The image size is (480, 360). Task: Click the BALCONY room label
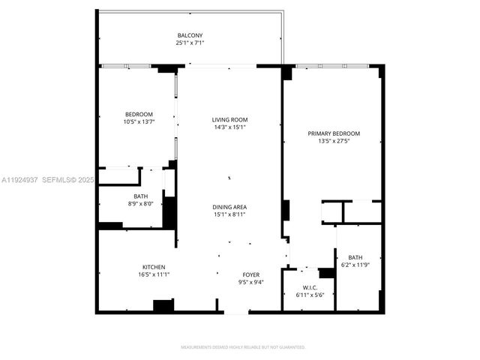[x=190, y=35]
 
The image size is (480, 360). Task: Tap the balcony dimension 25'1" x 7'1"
[x=190, y=43]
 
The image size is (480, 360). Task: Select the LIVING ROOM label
[x=229, y=119]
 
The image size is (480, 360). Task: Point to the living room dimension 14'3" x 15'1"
[x=229, y=127]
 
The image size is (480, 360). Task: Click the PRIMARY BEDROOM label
[x=334, y=133]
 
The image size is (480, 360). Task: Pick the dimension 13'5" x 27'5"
[x=334, y=141]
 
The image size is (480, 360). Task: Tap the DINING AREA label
[x=229, y=207]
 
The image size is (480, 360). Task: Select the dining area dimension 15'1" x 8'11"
[x=229, y=214]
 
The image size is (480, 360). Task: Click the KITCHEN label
[x=154, y=267]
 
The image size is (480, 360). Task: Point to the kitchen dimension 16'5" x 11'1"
[x=154, y=274]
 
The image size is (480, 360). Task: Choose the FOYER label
[x=250, y=274]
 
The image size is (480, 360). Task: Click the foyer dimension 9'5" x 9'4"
[x=250, y=282]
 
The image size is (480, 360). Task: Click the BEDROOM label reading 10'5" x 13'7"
[x=139, y=115]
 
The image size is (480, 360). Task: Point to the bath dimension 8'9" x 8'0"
[x=141, y=203]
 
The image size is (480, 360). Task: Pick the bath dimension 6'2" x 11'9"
[x=355, y=264]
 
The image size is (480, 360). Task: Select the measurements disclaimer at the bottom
[x=243, y=347]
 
